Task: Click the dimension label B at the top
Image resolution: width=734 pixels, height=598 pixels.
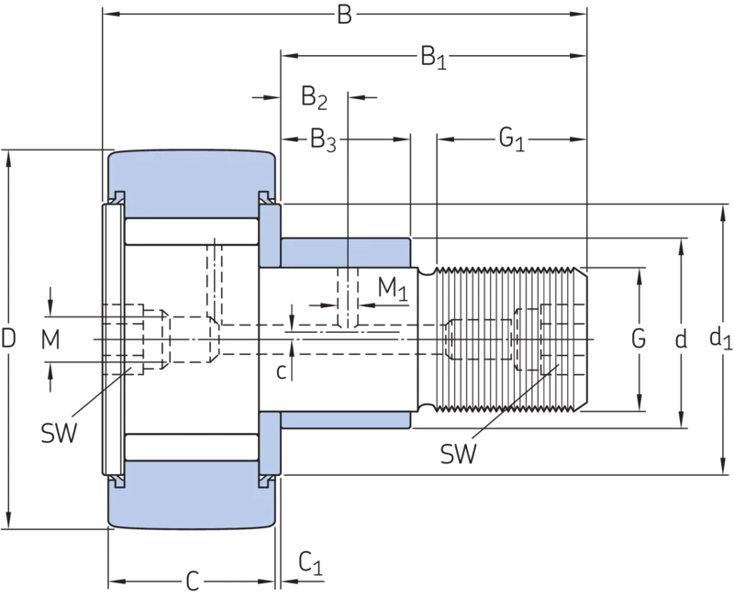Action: [344, 15]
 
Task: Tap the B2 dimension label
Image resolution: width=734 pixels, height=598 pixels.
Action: [314, 98]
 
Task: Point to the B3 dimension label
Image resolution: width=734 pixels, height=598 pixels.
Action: [324, 141]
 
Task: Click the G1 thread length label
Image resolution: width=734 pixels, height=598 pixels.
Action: [511, 139]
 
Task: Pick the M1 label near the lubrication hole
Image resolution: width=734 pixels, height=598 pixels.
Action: [393, 289]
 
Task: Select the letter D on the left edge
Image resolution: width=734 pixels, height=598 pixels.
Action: [8, 338]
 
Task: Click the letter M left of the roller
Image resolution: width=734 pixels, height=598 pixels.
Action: [50, 339]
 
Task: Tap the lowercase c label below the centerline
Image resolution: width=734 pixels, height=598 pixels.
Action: [281, 372]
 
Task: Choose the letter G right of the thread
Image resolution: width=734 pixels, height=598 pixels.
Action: [639, 338]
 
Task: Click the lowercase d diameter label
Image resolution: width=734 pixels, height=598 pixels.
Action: [681, 338]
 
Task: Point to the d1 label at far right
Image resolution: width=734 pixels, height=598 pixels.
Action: [720, 338]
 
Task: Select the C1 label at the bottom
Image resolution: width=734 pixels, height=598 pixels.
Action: [311, 563]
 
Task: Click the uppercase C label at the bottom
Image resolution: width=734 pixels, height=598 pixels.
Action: [193, 581]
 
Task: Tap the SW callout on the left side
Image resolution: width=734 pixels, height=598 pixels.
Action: [59, 433]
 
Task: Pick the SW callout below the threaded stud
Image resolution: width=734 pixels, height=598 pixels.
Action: [458, 453]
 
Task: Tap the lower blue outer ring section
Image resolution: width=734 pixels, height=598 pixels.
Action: [192, 495]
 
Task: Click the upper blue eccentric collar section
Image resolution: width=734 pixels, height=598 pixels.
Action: [346, 252]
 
